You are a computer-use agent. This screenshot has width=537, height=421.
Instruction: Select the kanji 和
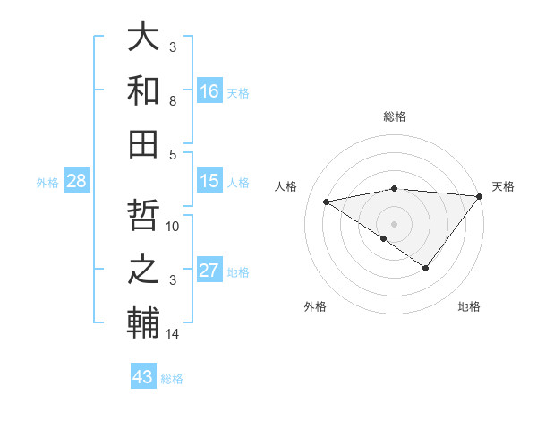(143, 90)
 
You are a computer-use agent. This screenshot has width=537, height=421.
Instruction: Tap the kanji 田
(143, 142)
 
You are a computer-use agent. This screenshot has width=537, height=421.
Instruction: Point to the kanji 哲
(143, 218)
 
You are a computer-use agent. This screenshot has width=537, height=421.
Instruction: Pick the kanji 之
(143, 270)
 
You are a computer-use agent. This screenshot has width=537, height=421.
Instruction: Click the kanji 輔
(143, 322)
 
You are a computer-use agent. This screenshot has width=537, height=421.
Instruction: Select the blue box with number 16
(209, 90)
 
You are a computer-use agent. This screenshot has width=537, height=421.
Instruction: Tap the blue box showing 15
(209, 181)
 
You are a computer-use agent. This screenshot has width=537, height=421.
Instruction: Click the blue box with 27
(209, 271)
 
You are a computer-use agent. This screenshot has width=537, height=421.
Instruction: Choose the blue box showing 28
(76, 181)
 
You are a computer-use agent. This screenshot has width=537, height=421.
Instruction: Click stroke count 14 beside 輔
(173, 334)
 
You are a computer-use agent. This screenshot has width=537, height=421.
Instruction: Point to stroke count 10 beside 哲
(173, 226)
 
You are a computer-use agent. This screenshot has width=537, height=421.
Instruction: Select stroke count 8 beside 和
(173, 101)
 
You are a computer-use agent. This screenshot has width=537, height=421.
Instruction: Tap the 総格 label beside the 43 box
(172, 379)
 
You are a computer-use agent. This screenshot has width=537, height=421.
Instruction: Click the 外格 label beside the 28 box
(47, 183)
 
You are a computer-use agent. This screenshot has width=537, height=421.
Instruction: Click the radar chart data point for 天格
(480, 196)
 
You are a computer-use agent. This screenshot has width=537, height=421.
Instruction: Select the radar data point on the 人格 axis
(326, 201)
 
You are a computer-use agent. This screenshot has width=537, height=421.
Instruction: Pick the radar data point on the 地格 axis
(426, 268)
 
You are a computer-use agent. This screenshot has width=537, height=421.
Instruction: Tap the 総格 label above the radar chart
(395, 116)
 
